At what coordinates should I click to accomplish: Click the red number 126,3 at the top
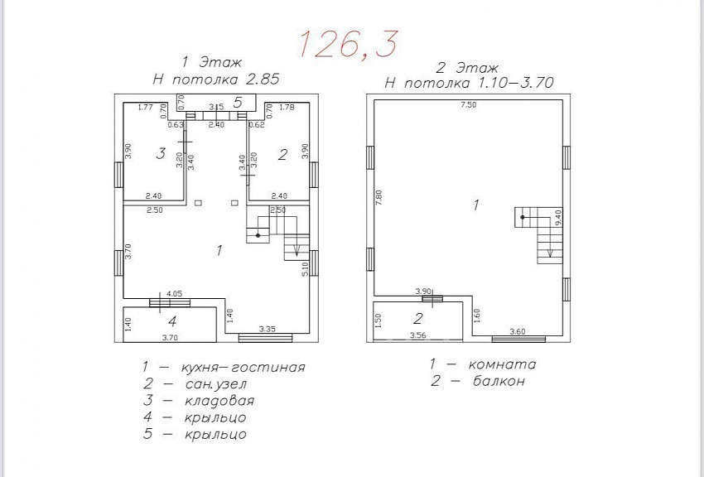[348, 45]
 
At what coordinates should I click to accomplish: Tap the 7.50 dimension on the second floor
[468, 105]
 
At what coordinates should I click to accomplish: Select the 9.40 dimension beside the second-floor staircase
[558, 218]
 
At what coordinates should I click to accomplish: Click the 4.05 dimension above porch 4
[174, 294]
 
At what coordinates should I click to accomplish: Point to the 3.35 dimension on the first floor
[268, 329]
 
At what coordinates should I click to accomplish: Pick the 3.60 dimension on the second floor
[517, 331]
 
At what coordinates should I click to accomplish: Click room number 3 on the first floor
[161, 154]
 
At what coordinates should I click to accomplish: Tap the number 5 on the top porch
[238, 103]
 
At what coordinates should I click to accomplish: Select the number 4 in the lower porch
[172, 321]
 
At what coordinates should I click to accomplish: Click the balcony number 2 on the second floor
[418, 318]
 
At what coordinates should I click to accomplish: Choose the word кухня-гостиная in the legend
[243, 367]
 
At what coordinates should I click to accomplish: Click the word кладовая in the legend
[219, 400]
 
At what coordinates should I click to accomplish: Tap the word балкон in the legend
[499, 381]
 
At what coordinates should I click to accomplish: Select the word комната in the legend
[503, 364]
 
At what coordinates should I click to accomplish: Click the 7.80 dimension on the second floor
[379, 199]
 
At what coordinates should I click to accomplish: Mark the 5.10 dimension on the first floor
[306, 269]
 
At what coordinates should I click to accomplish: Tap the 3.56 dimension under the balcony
[418, 335]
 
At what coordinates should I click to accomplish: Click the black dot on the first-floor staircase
[258, 235]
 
